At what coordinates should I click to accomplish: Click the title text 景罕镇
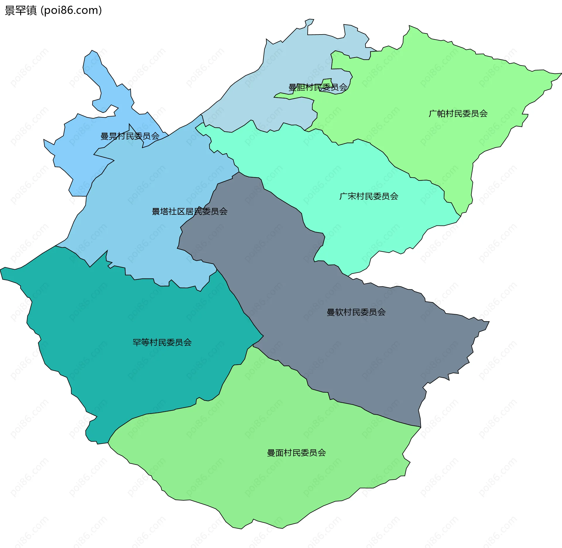20,11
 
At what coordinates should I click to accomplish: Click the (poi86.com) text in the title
71,11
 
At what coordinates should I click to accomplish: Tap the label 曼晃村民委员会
130,136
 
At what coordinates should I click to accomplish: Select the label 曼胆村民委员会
318,87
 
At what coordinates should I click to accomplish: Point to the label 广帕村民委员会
458,114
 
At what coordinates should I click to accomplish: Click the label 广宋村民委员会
369,196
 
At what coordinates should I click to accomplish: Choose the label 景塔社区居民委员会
189,211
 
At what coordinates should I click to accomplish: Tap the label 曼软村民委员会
356,312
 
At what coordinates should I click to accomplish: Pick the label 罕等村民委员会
162,342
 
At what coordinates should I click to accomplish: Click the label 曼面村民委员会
296,453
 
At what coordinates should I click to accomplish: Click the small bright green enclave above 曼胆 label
327,81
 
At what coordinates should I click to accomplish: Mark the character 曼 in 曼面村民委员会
271,453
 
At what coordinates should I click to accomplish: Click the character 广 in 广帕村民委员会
433,114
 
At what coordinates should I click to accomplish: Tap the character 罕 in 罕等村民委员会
137,342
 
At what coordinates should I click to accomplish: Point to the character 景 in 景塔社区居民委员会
156,211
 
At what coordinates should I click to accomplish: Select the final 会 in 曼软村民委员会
381,312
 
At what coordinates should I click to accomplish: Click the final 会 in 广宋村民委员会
394,196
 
